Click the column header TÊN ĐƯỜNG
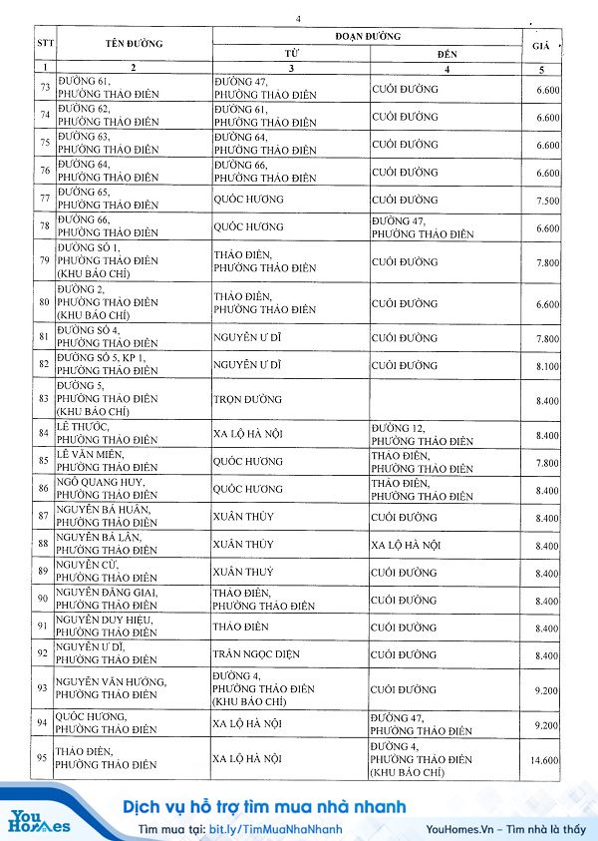click(x=133, y=44)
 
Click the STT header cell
click(x=43, y=44)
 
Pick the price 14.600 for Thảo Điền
click(x=544, y=759)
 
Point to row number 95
click(x=43, y=759)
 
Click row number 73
click(x=43, y=89)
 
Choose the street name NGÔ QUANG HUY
click(x=101, y=483)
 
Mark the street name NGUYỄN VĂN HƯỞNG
click(x=110, y=682)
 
